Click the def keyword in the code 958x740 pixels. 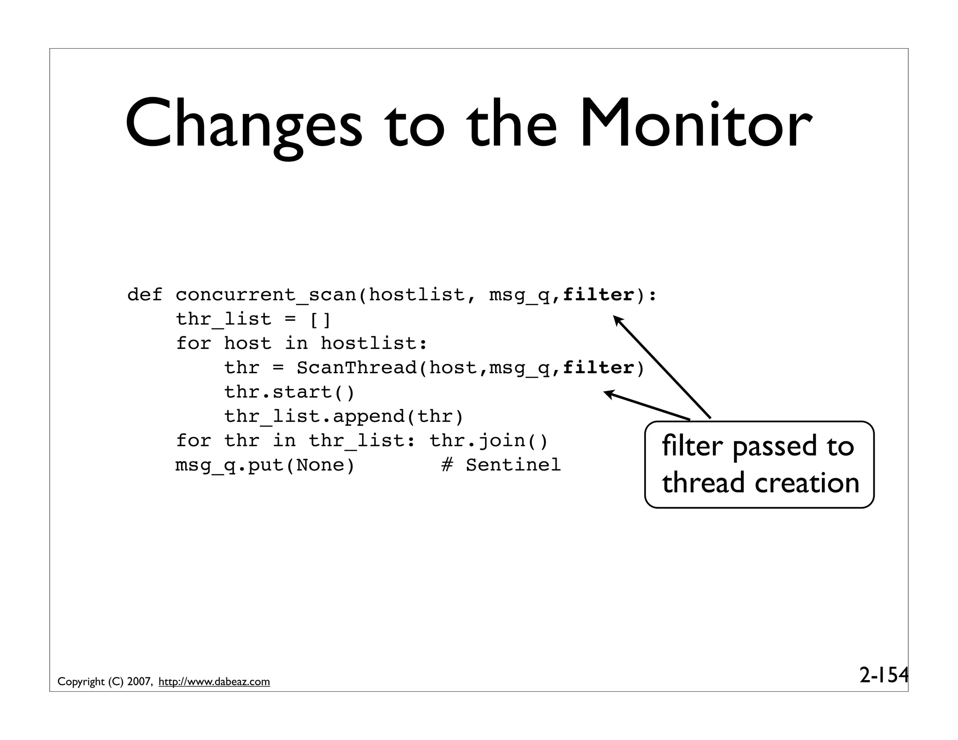click(x=145, y=295)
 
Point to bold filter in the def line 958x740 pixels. click(x=598, y=295)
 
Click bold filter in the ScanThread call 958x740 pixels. click(x=598, y=368)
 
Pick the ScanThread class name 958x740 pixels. click(x=356, y=368)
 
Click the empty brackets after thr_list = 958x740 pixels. click(x=320, y=319)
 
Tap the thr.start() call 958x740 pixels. click(x=290, y=392)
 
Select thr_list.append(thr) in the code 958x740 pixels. click(x=344, y=416)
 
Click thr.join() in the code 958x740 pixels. click(x=488, y=441)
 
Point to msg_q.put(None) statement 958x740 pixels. click(x=265, y=465)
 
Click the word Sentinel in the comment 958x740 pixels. click(x=513, y=465)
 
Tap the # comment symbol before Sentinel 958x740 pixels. click(x=447, y=465)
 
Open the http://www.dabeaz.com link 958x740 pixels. click(x=214, y=682)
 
